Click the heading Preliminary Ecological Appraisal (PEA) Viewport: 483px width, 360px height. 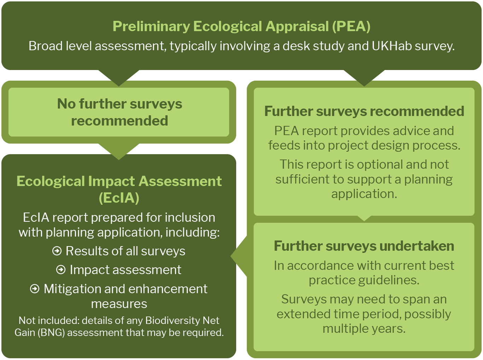pos(241,27)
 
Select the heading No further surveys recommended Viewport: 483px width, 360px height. pos(120,112)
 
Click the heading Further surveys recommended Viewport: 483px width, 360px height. pos(364,111)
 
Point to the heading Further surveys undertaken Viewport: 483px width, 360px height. pos(364,246)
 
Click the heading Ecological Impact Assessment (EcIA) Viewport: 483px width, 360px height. pos(119,190)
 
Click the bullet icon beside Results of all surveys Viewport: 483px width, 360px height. pos(57,251)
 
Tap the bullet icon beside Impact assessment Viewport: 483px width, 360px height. pos(61,269)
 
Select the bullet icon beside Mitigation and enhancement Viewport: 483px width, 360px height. pos(35,289)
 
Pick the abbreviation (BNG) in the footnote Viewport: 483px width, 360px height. pos(51,332)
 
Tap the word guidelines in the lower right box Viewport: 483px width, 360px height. pos(389,280)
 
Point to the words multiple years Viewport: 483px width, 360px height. pos(364,329)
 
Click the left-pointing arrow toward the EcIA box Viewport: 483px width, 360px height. pos(239,256)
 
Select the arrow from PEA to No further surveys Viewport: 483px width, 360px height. pos(119,78)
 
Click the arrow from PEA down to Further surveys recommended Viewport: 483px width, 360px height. pos(364,78)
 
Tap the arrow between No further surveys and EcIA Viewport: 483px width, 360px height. pos(119,152)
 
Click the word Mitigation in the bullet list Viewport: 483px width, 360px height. pos(72,289)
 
